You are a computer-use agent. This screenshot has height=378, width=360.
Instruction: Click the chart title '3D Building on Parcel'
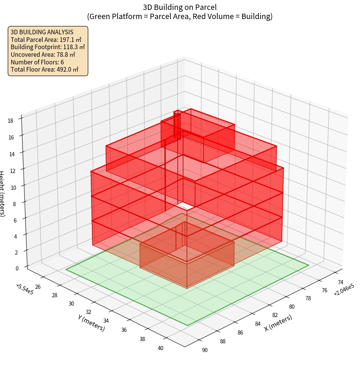[180, 7]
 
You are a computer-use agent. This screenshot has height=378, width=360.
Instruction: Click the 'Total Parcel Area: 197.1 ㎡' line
[46, 39]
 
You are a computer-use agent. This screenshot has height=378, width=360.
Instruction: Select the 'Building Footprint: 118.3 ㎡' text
[48, 47]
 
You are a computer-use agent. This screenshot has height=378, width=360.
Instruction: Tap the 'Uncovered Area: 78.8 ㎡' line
[43, 54]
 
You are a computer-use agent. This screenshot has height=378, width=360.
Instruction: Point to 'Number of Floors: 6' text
[37, 62]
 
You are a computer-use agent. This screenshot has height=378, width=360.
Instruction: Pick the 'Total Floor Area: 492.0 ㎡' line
[45, 69]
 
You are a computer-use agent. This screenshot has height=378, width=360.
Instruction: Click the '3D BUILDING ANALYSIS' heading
[42, 32]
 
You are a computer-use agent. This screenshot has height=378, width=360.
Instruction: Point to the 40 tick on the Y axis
[161, 348]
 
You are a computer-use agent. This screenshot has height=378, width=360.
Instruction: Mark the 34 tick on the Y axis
[106, 321]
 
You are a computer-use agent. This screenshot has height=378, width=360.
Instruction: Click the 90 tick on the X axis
[205, 350]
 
